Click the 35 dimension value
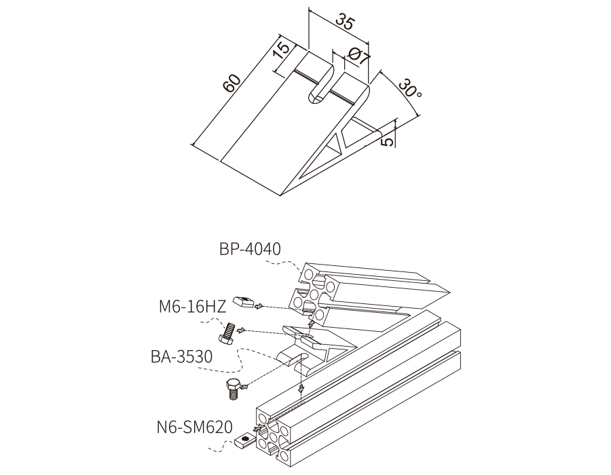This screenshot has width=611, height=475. point(345,22)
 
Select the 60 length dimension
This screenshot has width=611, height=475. point(232,83)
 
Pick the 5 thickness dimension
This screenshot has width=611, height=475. point(388,141)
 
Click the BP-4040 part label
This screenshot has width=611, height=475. point(250,249)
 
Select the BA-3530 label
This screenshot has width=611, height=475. point(181,356)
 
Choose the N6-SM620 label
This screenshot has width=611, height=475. point(194,427)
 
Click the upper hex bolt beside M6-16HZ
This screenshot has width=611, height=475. point(226,334)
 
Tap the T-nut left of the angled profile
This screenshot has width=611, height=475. point(244,302)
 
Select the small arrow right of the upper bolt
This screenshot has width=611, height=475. point(242,330)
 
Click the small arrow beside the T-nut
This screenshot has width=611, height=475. point(259,307)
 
